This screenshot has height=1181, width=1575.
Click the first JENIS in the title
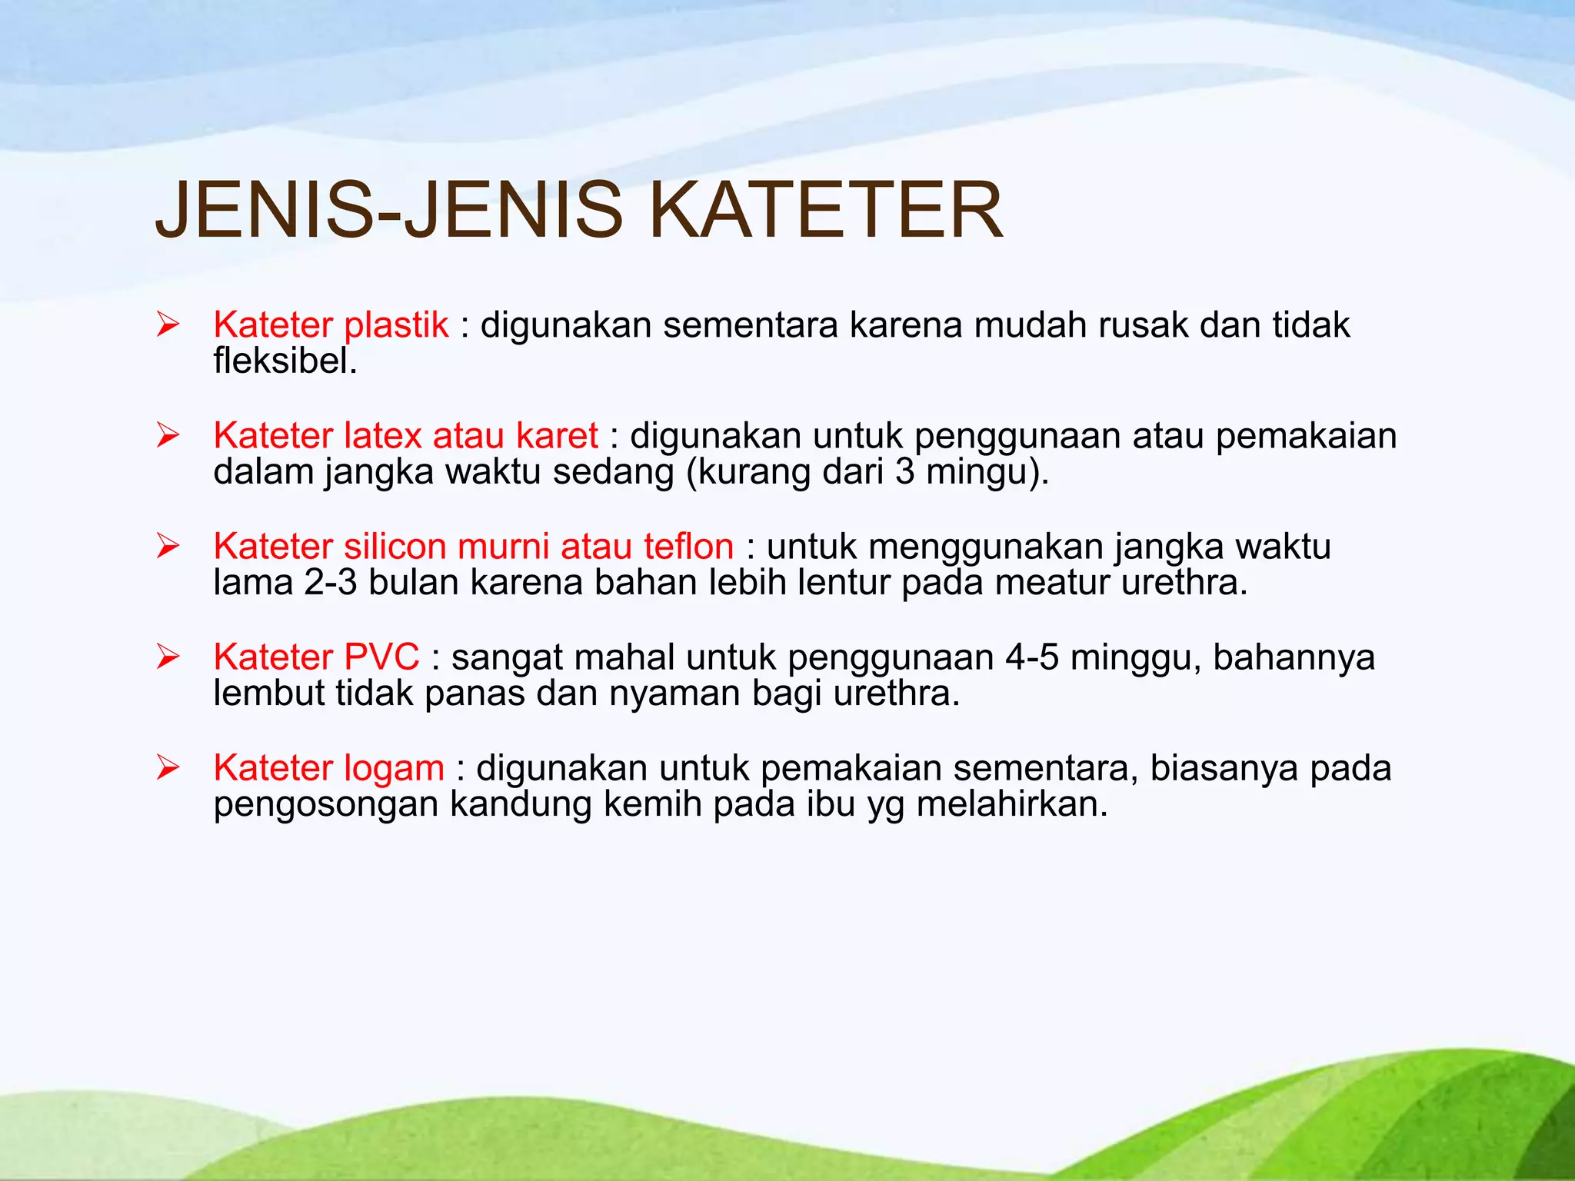coord(264,210)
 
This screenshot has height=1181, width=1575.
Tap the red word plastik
coord(396,325)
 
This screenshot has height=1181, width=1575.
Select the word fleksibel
coord(285,361)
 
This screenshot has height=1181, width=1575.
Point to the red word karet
coord(557,436)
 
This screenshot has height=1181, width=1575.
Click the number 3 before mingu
coord(904,472)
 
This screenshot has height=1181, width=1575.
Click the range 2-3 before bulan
coord(331,583)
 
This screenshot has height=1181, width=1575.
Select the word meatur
coord(1052,583)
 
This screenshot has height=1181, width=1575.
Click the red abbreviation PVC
coord(381,657)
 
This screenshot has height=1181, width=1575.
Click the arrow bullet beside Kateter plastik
coord(168,325)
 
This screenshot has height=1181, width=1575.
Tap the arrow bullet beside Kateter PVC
coord(168,657)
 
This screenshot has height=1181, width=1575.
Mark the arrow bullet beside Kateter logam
coord(168,768)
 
